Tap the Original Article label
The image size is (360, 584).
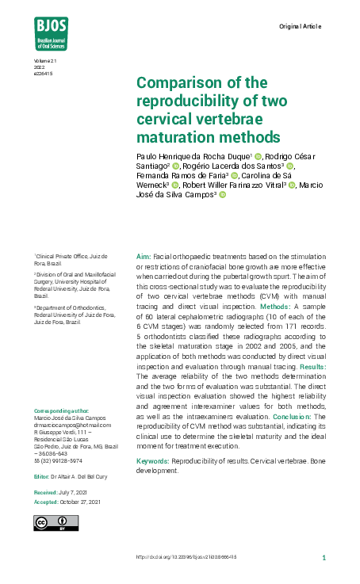[x=300, y=27]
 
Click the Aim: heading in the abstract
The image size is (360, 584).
[x=144, y=258]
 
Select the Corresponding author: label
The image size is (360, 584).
[x=59, y=410]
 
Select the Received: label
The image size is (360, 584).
[x=45, y=493]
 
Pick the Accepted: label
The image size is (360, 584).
[x=46, y=502]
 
